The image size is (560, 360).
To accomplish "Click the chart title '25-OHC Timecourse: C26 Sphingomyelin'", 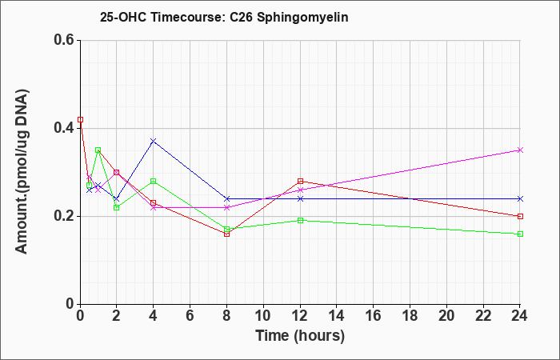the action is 224,17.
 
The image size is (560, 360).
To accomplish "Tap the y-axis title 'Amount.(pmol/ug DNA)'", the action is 22,171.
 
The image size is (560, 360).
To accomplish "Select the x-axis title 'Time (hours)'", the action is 300,336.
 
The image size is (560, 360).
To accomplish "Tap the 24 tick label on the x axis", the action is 520,316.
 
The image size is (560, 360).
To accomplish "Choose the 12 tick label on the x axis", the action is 300,316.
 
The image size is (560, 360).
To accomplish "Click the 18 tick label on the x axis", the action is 410,316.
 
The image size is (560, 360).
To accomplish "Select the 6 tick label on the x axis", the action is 190,316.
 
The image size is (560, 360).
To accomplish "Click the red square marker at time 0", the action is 80,120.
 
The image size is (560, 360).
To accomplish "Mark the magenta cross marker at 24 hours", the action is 520,150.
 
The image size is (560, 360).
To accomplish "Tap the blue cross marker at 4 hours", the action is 154,141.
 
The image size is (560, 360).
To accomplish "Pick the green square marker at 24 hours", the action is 520,234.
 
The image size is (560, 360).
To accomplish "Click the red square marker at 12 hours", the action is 300,181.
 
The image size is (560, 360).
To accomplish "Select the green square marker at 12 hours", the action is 300,220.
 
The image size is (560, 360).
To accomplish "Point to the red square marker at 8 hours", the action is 226,234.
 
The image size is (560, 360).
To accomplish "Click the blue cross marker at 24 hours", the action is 520,198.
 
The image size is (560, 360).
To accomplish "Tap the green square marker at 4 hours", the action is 154,181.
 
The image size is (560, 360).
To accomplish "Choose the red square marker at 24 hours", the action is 520,216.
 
